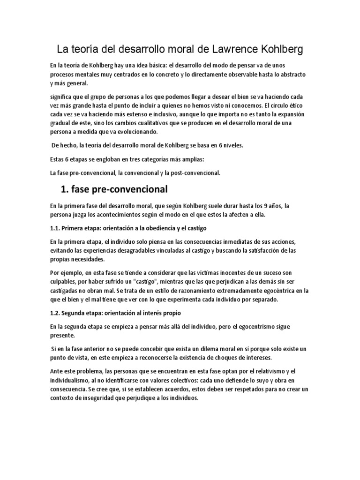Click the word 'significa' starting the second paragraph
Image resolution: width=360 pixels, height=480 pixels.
coord(62,97)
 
